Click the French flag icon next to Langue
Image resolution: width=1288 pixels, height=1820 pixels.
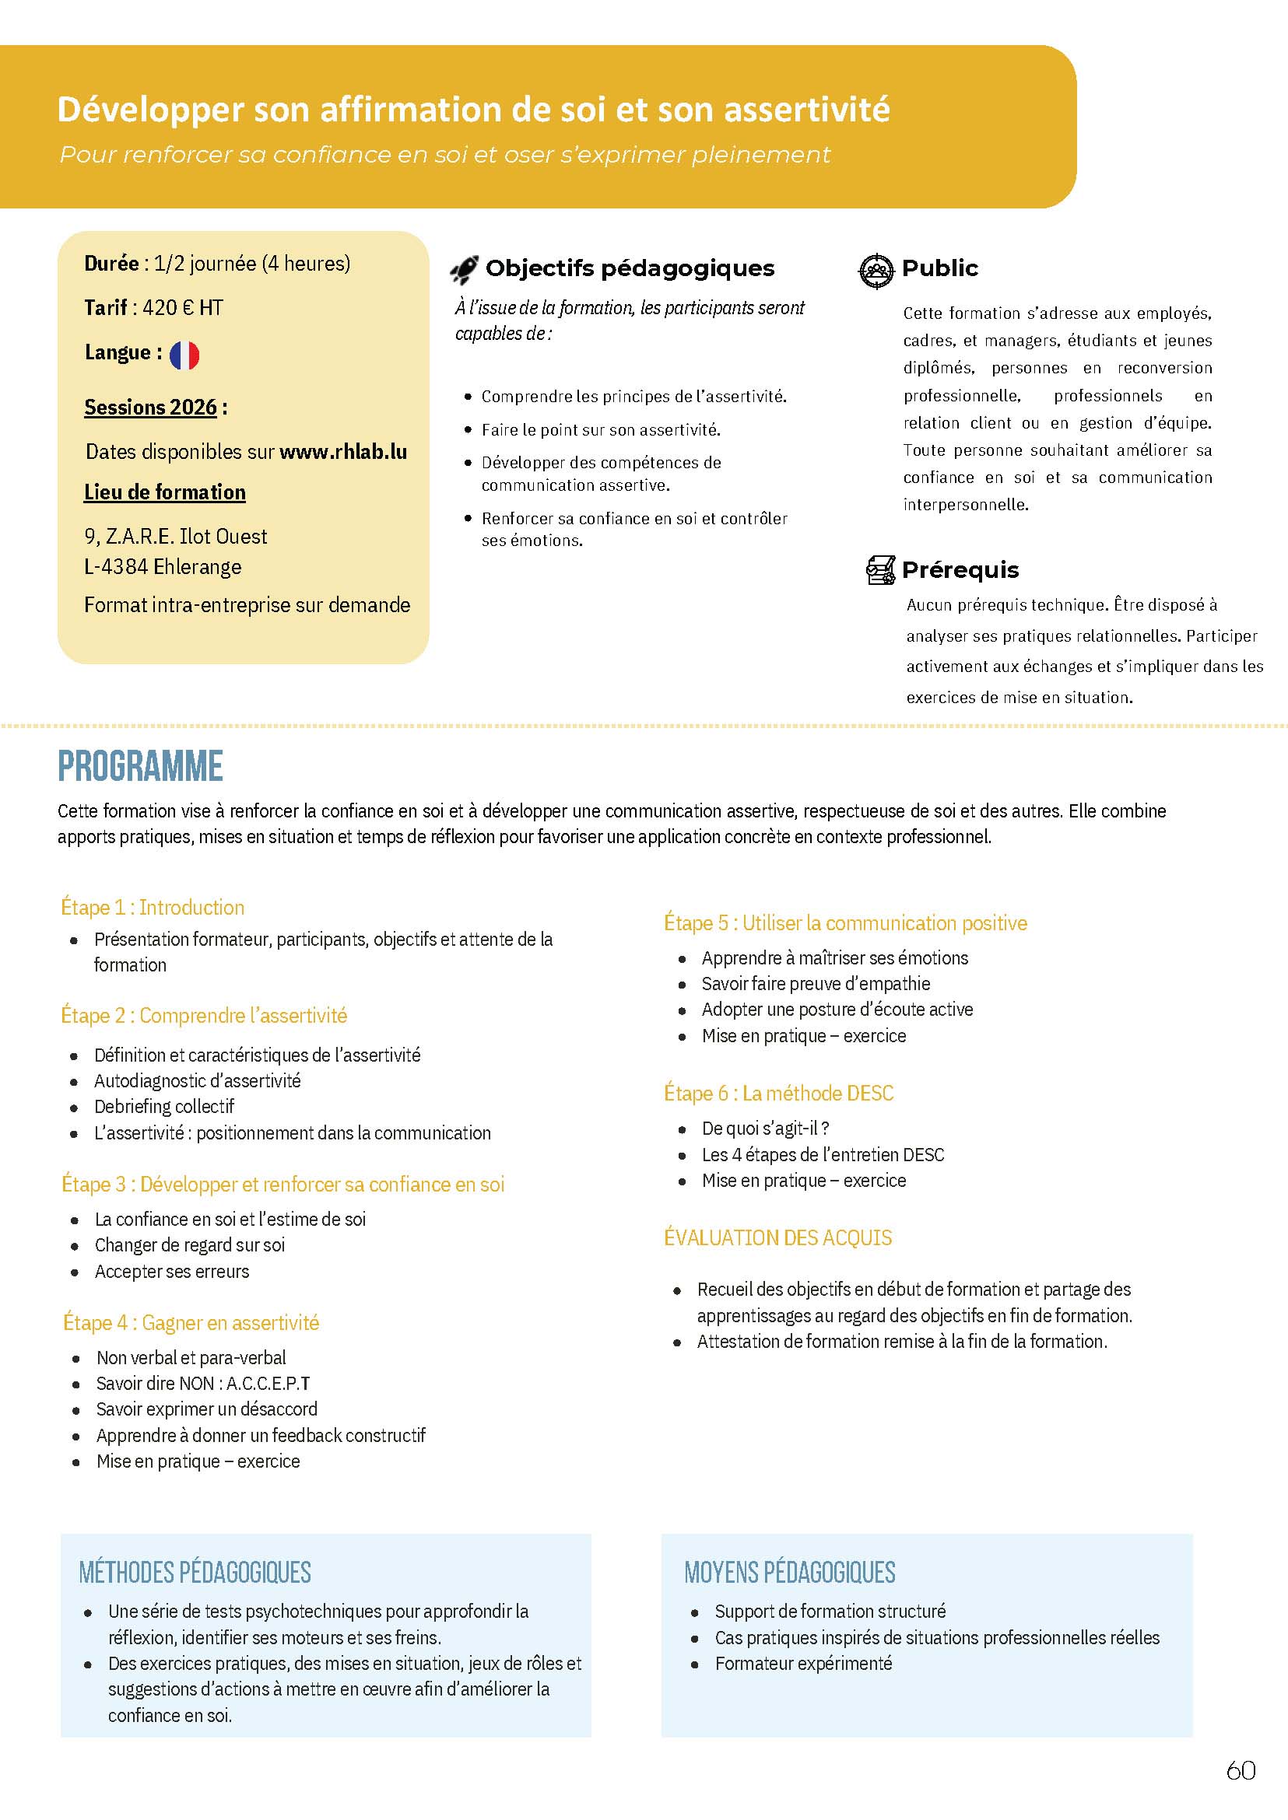(x=184, y=355)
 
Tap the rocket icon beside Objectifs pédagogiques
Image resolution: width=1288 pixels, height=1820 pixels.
(x=464, y=270)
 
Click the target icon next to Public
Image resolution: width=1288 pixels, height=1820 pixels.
(x=876, y=271)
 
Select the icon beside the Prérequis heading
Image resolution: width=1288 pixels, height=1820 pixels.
(x=880, y=570)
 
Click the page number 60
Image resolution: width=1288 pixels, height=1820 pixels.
(x=1241, y=1792)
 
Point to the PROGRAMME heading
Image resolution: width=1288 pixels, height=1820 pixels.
(x=140, y=766)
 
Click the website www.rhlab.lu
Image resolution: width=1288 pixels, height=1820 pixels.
(x=343, y=452)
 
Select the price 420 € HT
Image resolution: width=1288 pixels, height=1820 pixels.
(x=182, y=307)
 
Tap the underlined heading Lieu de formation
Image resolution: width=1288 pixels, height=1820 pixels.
(x=165, y=492)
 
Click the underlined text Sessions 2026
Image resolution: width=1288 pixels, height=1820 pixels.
(x=151, y=408)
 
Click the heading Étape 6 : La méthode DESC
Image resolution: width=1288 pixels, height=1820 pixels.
(x=778, y=1093)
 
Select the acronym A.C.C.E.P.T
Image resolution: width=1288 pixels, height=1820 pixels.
(x=268, y=1383)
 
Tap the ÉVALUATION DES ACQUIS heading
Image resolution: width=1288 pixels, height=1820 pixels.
(x=777, y=1237)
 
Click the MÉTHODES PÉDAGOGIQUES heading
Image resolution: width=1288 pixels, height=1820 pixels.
(x=195, y=1572)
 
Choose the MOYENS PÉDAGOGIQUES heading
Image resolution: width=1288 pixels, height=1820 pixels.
(x=789, y=1572)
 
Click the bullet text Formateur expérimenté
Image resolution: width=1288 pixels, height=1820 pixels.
(x=802, y=1663)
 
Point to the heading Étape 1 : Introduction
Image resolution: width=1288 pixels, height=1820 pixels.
(x=153, y=908)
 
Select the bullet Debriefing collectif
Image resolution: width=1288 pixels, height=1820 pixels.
(x=164, y=1107)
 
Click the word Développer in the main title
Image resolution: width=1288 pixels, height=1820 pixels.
(x=151, y=110)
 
